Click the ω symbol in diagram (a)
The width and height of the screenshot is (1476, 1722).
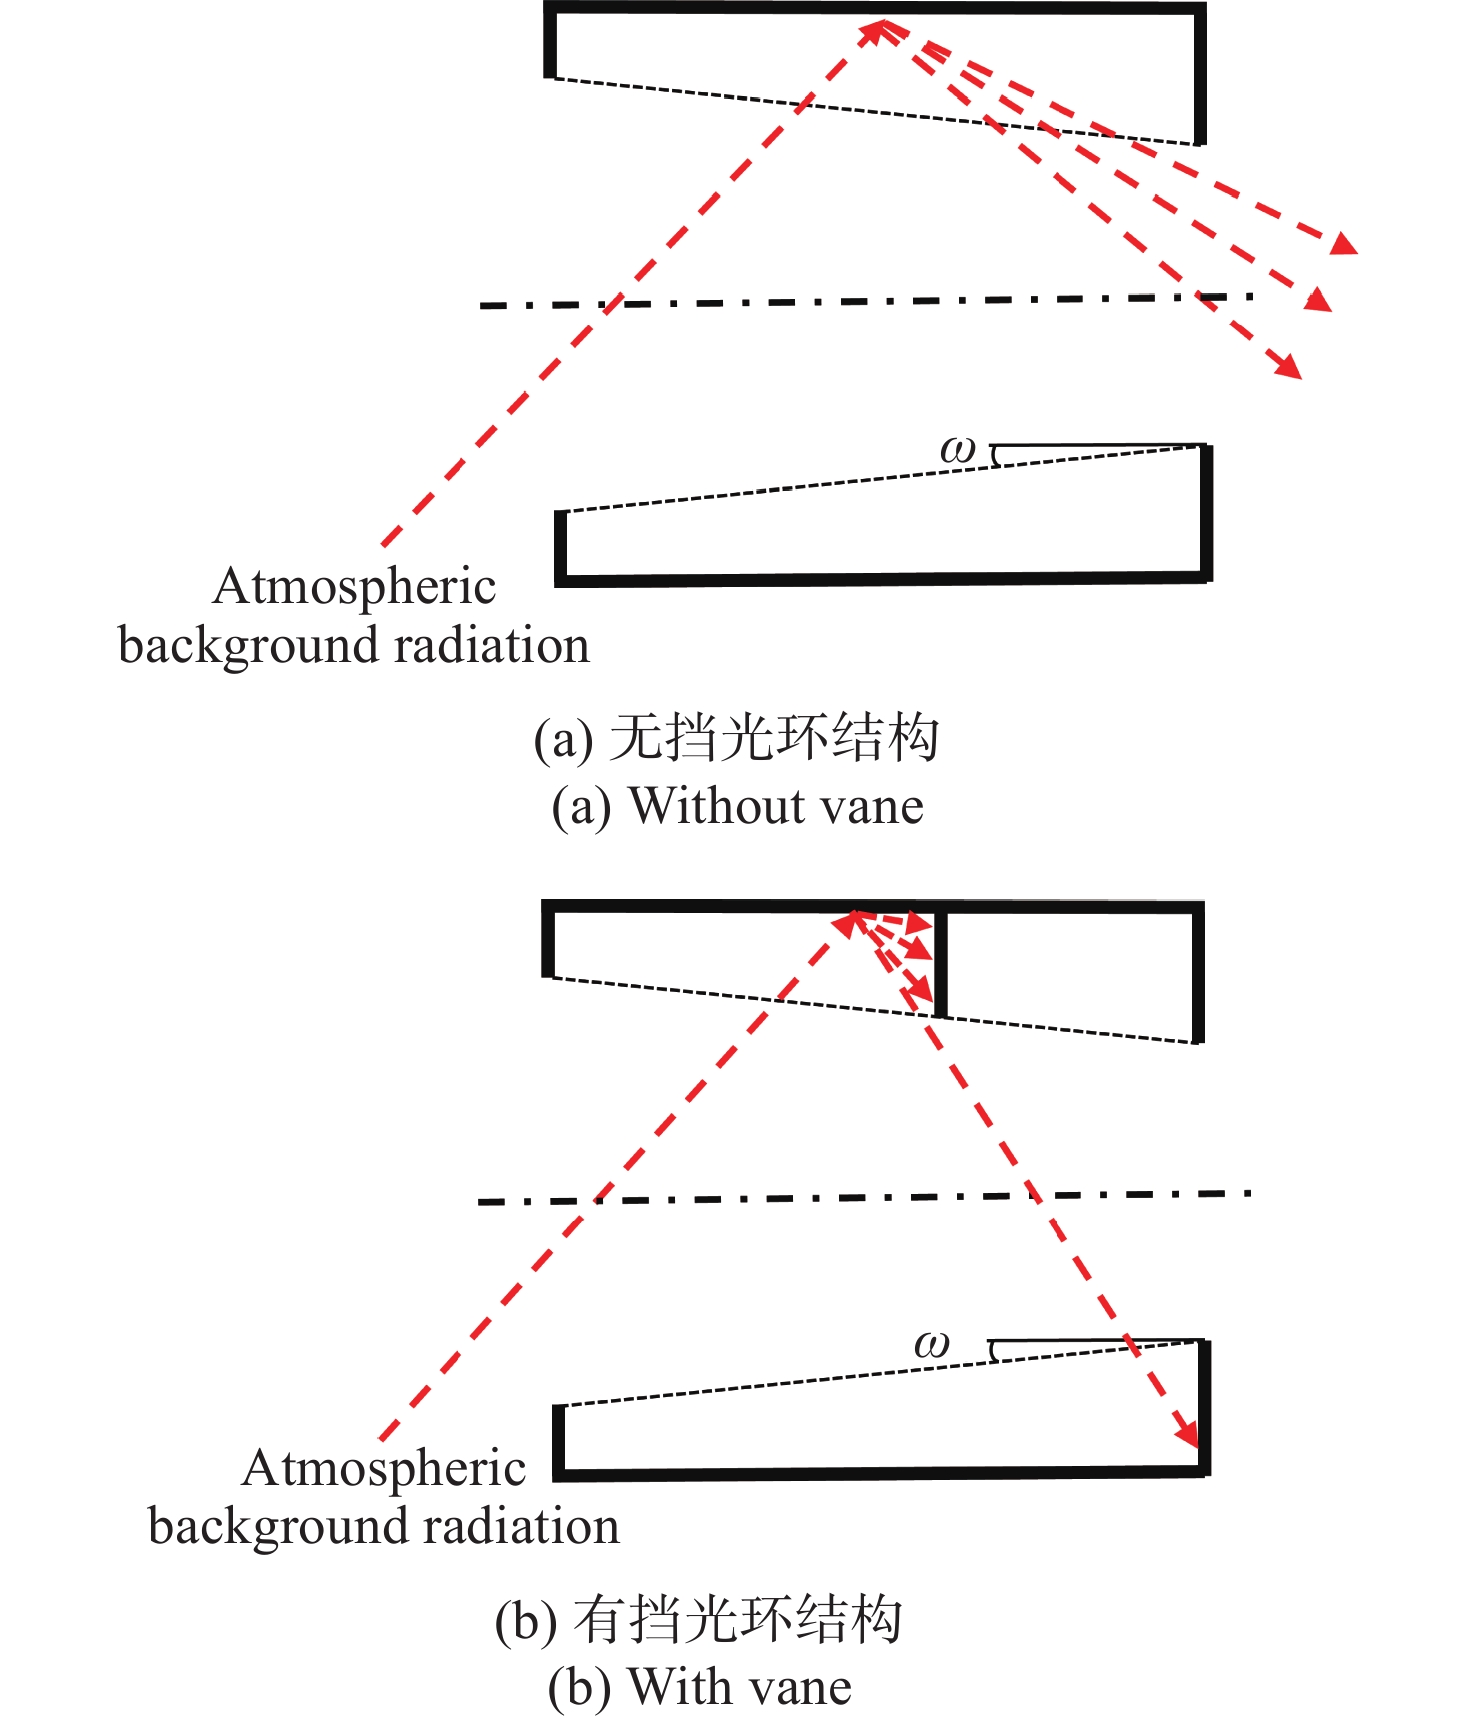957,450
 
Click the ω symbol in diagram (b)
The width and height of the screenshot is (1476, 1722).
931,1344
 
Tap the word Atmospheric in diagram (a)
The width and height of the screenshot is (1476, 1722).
354,587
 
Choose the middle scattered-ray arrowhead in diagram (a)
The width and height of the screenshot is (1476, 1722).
1319,299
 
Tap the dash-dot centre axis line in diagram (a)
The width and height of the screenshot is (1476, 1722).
865,301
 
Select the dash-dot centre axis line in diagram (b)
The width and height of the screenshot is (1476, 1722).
865,1197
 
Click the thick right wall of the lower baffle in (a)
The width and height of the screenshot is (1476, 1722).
1206,512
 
